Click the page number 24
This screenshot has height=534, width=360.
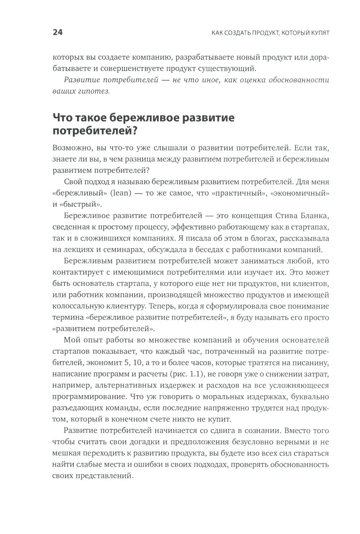(x=58, y=33)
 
